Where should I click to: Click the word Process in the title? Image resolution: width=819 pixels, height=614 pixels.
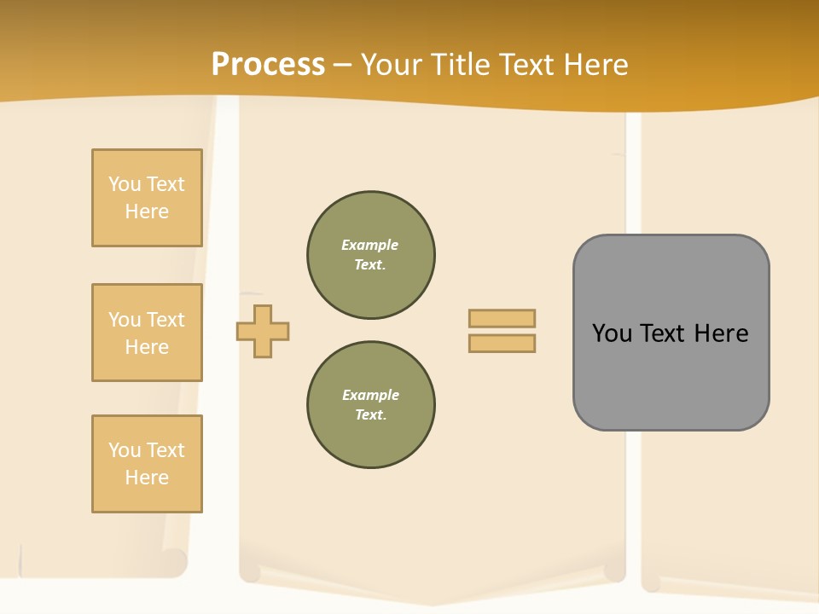tap(268, 65)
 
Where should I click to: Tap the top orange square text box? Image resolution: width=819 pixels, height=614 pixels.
tap(147, 198)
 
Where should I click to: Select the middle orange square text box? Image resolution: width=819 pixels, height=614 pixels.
tap(147, 333)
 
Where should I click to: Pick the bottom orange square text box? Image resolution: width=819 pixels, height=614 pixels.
tap(147, 464)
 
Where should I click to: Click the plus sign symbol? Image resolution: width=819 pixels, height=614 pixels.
tap(263, 331)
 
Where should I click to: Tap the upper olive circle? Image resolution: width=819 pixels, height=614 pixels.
tap(371, 255)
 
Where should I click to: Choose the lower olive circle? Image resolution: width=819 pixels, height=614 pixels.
tap(371, 405)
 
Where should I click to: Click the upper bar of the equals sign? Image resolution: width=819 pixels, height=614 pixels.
tap(502, 318)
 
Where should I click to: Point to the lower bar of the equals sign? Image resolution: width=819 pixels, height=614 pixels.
tap(502, 344)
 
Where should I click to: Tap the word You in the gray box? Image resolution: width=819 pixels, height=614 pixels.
tap(613, 333)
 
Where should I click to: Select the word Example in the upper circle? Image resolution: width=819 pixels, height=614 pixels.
tap(369, 245)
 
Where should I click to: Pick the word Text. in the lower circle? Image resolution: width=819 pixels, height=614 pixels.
tap(370, 415)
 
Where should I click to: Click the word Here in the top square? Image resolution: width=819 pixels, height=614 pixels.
tap(147, 211)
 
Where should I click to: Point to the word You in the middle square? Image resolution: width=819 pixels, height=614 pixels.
tap(125, 320)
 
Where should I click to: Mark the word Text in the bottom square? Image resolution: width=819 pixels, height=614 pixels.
tap(166, 450)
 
